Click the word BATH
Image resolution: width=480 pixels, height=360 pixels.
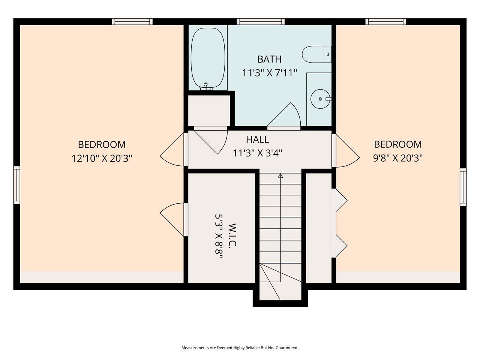(269, 59)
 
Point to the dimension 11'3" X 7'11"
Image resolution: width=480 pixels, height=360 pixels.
(269, 73)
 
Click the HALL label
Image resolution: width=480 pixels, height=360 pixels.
(257, 139)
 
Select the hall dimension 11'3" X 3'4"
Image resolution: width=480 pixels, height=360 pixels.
(257, 153)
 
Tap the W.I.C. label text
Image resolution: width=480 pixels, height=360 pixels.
(232, 235)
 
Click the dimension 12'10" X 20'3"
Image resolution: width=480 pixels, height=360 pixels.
(102, 158)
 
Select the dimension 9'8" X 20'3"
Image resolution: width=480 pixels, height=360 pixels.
(397, 158)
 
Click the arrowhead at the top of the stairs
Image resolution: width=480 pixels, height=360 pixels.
(280, 175)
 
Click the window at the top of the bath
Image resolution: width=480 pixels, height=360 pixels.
(260, 22)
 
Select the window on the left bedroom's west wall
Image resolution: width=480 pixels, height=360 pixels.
(16, 186)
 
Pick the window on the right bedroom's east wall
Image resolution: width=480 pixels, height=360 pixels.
(463, 187)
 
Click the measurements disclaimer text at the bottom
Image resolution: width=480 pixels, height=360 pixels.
(240, 348)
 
